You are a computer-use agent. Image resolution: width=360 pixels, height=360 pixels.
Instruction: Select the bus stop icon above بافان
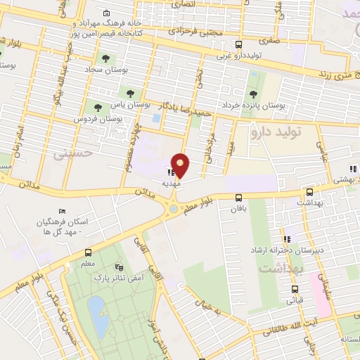point(238,198)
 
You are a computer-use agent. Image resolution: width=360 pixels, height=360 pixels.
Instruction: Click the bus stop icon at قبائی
point(294,288)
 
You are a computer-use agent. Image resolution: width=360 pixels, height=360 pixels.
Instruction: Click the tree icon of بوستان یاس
point(129,92)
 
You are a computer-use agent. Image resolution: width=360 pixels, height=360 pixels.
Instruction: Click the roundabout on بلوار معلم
point(172,209)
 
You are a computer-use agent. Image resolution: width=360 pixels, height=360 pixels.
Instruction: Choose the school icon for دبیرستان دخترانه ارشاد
point(285,239)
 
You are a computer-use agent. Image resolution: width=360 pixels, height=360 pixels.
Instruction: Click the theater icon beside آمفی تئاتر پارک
point(119,267)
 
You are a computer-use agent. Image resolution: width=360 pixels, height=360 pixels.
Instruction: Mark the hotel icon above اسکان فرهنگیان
point(62,211)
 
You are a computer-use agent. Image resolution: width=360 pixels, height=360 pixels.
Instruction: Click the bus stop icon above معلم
point(88,253)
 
